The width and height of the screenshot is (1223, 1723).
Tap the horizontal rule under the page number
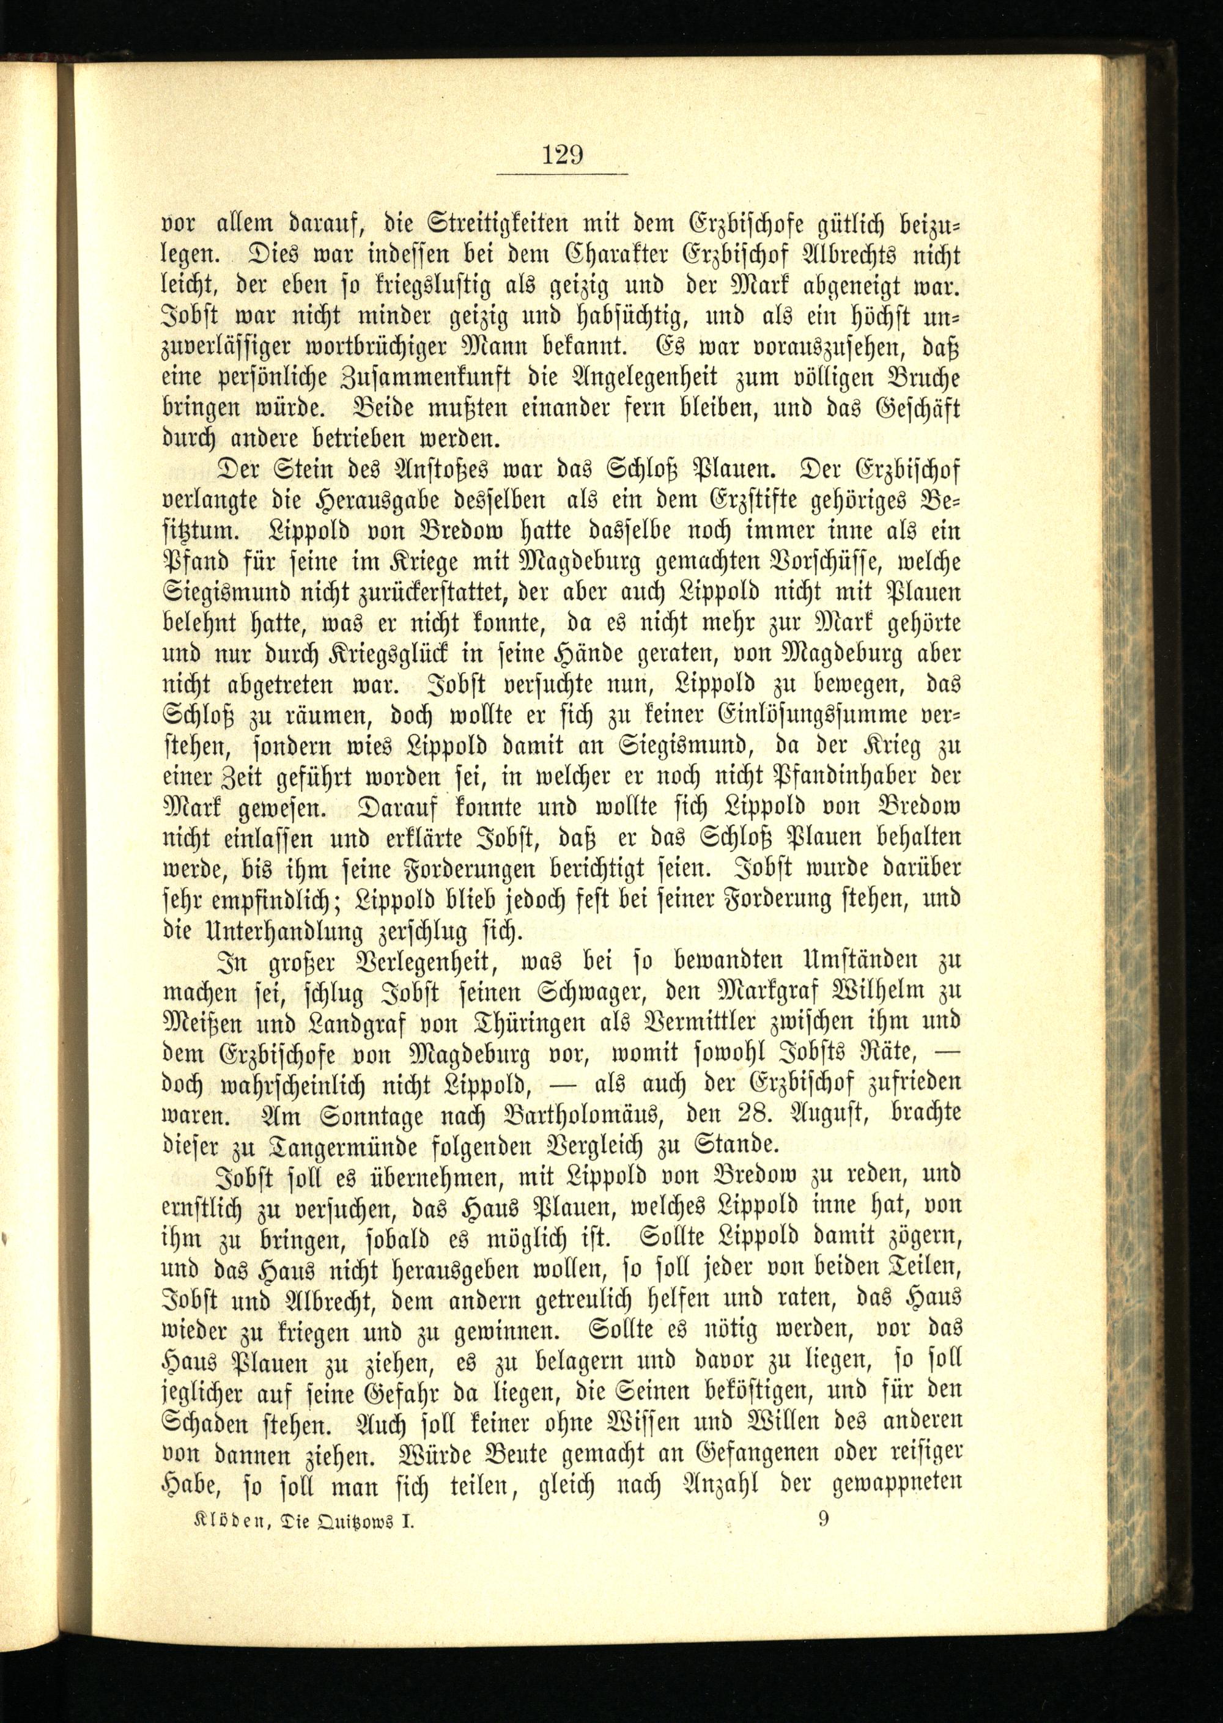coord(563,175)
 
